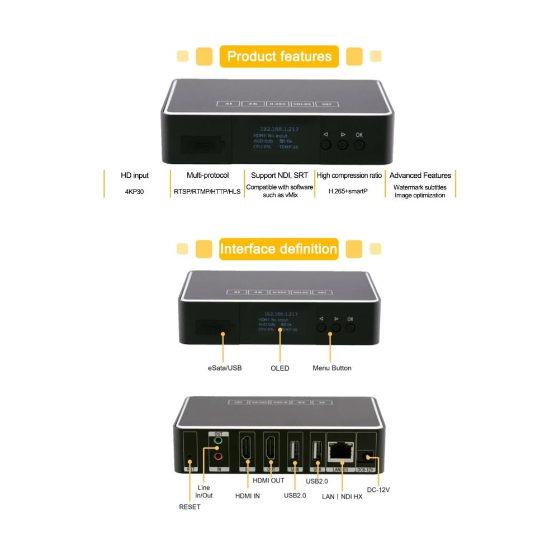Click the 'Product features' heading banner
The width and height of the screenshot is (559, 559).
[x=279, y=56]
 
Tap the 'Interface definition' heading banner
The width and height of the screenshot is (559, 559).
[x=279, y=249]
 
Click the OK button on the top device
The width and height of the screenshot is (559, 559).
[x=359, y=144]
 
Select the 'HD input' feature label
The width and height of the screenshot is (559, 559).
[x=135, y=176]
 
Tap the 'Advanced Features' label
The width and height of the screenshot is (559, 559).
[x=420, y=176]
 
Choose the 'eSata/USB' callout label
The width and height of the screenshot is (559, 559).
[x=223, y=368]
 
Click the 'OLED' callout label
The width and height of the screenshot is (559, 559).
[x=279, y=368]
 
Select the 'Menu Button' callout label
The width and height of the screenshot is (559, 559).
[x=332, y=368]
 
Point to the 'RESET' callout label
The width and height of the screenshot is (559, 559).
[x=190, y=507]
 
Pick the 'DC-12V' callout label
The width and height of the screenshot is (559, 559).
[x=378, y=490]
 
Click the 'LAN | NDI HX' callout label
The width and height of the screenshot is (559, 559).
[x=343, y=496]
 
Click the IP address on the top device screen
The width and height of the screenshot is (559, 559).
[x=279, y=129]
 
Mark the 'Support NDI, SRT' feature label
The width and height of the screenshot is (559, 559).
[x=279, y=176]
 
